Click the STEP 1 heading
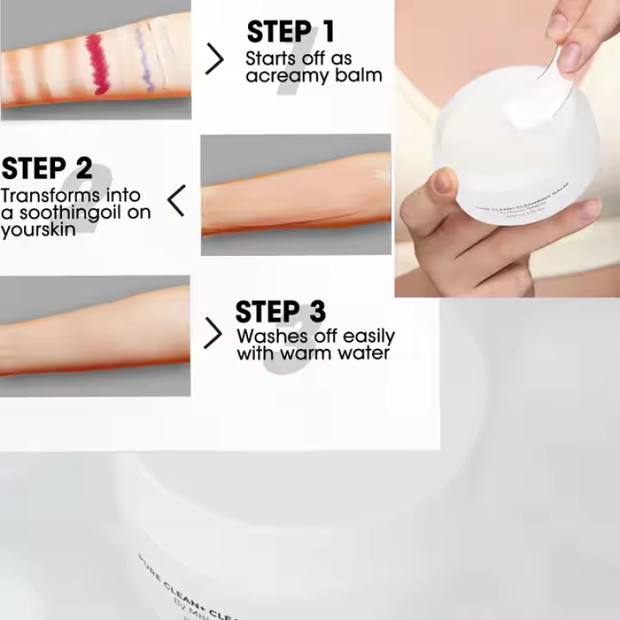point(291,32)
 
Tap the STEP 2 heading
point(46,168)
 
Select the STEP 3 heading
point(280,312)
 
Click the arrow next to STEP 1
point(215,59)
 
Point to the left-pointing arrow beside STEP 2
point(177,201)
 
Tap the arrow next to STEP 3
point(213,333)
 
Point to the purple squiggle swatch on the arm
point(143,58)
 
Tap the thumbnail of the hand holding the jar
point(507,148)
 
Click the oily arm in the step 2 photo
point(294,198)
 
